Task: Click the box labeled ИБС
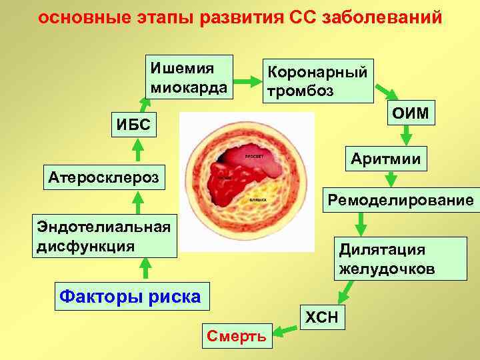point(134,123)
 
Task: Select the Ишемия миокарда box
point(189,77)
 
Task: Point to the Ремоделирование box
point(399,200)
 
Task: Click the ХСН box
point(323,317)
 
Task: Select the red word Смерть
point(237,336)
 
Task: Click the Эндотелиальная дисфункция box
point(105,235)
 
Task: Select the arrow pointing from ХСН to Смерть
point(287,328)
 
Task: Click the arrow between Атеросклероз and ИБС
point(137,150)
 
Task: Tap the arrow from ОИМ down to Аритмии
point(405,136)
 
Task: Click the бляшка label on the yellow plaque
point(258,199)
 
